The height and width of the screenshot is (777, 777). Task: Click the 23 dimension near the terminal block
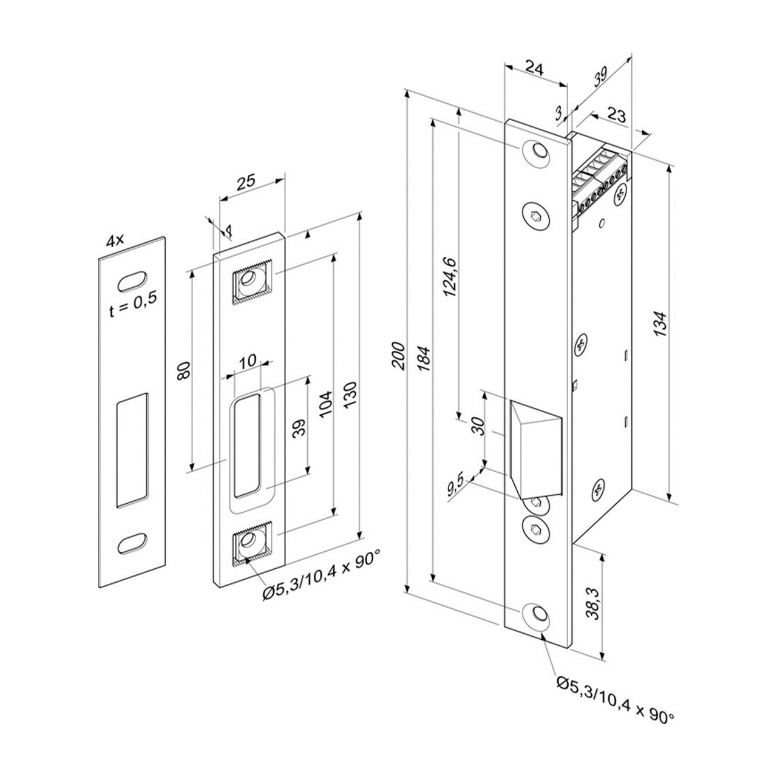click(x=616, y=115)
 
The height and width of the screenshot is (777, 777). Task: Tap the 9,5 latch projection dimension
click(x=455, y=487)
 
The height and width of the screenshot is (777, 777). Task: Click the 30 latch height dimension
click(x=478, y=427)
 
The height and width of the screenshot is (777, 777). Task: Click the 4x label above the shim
click(x=115, y=241)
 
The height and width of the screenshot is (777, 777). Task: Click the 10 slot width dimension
click(x=247, y=362)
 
